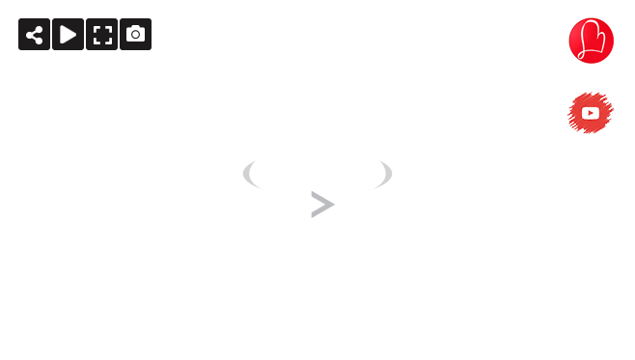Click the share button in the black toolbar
click(34, 35)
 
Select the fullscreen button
click(101, 35)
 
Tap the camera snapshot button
click(135, 35)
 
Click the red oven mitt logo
click(591, 41)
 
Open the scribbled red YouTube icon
click(591, 113)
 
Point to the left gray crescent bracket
click(250, 175)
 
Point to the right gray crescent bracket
click(385, 175)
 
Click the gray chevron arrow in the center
click(321, 205)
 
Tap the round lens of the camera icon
click(135, 35)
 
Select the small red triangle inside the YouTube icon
click(591, 113)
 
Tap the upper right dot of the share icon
click(39, 29)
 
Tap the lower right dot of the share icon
click(39, 42)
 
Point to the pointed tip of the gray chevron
click(333, 205)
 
